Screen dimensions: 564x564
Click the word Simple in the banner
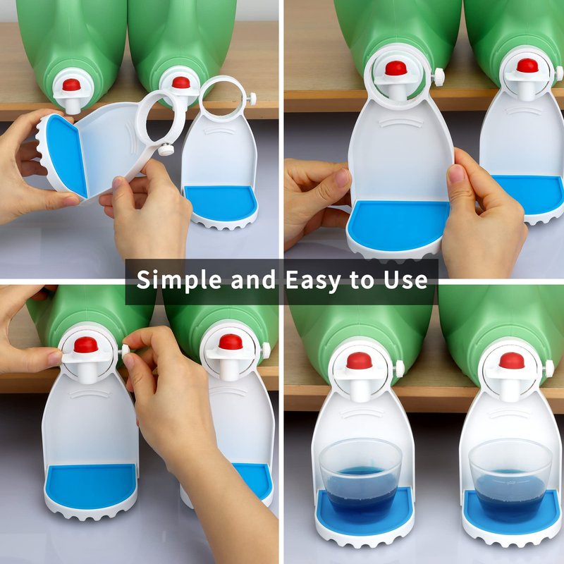coord(179,280)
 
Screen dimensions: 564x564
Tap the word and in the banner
coord(253,279)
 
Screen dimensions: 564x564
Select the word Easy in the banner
coord(312,281)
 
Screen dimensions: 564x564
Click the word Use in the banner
coord(406,280)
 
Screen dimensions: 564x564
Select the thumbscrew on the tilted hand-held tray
coord(166,149)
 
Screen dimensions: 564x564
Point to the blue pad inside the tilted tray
coord(66,154)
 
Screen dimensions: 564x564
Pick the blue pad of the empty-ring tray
coord(220,202)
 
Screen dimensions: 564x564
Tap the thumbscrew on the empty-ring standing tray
coord(252,97)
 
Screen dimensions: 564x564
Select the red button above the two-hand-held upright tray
coord(396,68)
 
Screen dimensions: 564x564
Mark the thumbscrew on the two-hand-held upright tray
coord(439,76)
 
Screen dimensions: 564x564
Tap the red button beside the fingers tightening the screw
coord(86,345)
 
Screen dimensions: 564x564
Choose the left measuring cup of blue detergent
coord(360,479)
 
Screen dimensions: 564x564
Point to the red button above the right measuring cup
coord(512,360)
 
